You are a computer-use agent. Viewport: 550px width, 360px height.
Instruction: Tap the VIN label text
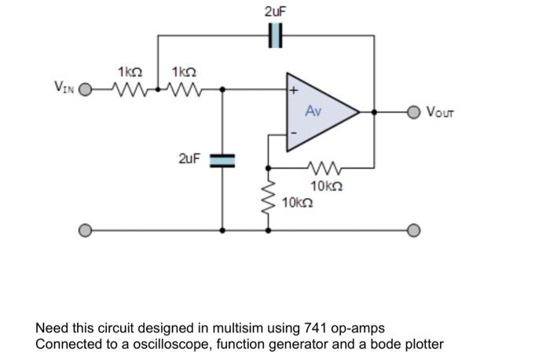(x=64, y=86)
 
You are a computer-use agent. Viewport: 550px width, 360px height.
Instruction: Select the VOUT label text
(x=440, y=112)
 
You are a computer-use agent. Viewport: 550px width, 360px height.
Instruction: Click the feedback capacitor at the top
(x=275, y=35)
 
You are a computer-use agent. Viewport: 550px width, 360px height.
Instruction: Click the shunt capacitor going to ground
(x=222, y=160)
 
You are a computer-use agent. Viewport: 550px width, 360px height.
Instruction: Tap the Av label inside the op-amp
(x=313, y=112)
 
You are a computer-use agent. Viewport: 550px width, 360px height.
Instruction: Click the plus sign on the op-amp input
(x=294, y=91)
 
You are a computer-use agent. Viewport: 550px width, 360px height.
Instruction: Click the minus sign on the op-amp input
(x=294, y=133)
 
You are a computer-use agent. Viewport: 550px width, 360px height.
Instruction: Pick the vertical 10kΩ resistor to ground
(x=269, y=197)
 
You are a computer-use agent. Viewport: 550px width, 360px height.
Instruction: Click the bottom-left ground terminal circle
(x=86, y=230)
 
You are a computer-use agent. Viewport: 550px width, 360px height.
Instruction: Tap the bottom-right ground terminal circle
(x=416, y=230)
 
